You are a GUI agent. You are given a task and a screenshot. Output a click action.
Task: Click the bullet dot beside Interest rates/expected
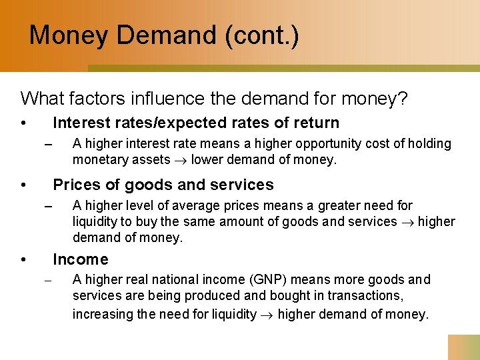pyautogui.click(x=23, y=123)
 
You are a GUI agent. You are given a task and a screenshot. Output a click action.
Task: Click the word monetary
pyautogui.click(x=98, y=160)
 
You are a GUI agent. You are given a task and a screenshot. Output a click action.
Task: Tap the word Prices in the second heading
pyautogui.click(x=75, y=185)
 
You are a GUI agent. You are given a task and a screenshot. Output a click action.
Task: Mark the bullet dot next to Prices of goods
pyautogui.click(x=23, y=185)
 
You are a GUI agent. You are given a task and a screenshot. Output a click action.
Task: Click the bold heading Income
pyautogui.click(x=80, y=259)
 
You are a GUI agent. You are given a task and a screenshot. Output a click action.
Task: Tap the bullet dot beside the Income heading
pyautogui.click(x=23, y=260)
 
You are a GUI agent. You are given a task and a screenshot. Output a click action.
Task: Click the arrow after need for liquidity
pyautogui.click(x=267, y=315)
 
